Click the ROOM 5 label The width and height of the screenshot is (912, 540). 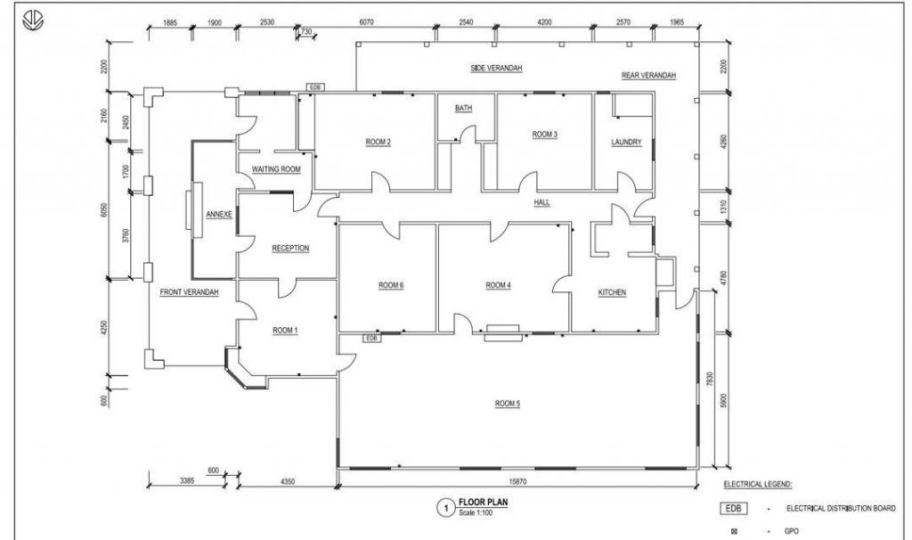[x=507, y=404]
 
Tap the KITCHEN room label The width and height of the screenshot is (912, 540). [x=612, y=292]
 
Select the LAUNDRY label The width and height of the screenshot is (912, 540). [x=626, y=142]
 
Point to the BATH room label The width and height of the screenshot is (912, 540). [x=463, y=108]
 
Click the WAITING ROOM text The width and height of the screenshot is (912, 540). [x=276, y=169]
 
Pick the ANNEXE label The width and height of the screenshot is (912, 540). [x=219, y=214]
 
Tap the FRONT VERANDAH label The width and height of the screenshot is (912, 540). [x=189, y=292]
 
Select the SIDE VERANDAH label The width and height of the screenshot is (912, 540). [x=496, y=68]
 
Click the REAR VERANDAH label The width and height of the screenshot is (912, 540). [x=648, y=76]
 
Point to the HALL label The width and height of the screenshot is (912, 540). [x=541, y=202]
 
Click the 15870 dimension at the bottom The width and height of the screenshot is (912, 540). [x=517, y=481]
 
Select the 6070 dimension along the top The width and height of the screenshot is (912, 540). [x=366, y=22]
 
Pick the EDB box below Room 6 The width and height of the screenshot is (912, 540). [x=371, y=338]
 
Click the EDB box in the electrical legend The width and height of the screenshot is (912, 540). [x=734, y=509]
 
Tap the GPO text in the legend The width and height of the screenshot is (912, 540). [x=791, y=531]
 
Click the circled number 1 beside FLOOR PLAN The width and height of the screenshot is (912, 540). [x=446, y=508]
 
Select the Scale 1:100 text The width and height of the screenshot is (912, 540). [x=476, y=513]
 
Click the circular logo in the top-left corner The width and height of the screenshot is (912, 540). [x=33, y=21]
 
